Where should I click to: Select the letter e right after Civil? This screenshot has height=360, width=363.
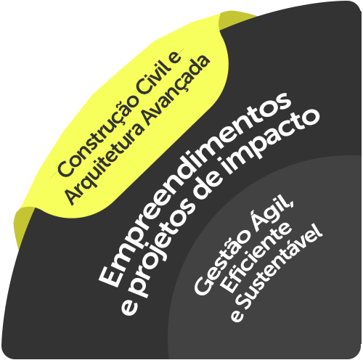point(176,57)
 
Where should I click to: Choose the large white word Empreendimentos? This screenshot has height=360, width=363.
point(194,189)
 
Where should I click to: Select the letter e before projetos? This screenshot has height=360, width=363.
point(129,307)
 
